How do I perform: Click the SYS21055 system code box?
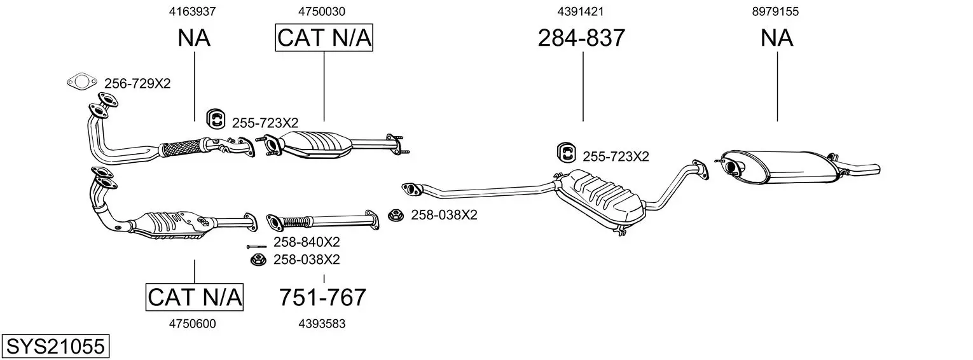[x=55, y=346]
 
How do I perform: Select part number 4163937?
[x=192, y=11]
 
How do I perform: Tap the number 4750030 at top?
[x=321, y=11]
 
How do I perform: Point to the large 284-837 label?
[x=581, y=38]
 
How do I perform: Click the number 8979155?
[x=775, y=11]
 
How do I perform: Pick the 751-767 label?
[x=322, y=298]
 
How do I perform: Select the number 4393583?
[x=322, y=324]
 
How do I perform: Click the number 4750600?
[x=193, y=324]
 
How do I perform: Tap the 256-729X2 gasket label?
[x=137, y=83]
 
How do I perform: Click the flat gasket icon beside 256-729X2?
[x=81, y=81]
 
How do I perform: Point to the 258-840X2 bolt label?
[x=307, y=242]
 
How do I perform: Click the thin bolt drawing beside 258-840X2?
[x=256, y=247]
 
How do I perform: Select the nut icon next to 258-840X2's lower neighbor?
[x=258, y=260]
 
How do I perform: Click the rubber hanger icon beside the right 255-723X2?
[x=567, y=153]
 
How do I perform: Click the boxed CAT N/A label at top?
[x=324, y=38]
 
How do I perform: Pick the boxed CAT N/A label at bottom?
[x=194, y=297]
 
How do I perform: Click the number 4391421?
[x=581, y=11]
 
